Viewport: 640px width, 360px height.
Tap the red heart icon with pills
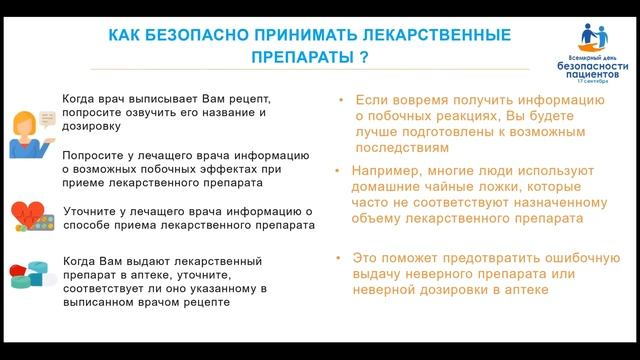(x=31, y=217)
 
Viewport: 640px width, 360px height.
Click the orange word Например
(x=388, y=171)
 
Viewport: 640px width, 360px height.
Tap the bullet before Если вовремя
(x=341, y=101)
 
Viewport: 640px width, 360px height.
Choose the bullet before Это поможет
(x=341, y=258)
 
